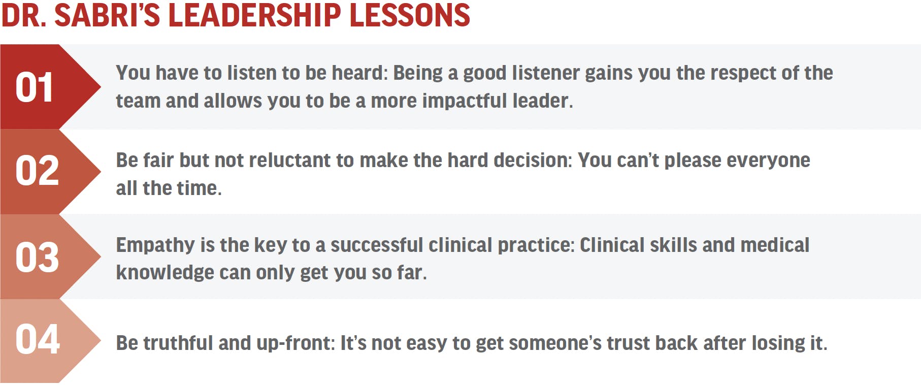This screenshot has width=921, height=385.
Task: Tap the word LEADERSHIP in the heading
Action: point(254,15)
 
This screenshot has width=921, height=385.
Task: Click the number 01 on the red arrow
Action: point(34,87)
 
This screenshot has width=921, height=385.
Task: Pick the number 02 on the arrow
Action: point(37,171)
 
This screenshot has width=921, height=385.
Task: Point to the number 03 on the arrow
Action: point(37,257)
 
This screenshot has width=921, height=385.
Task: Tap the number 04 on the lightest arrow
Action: point(38,339)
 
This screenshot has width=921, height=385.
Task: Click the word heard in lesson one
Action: point(360,73)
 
